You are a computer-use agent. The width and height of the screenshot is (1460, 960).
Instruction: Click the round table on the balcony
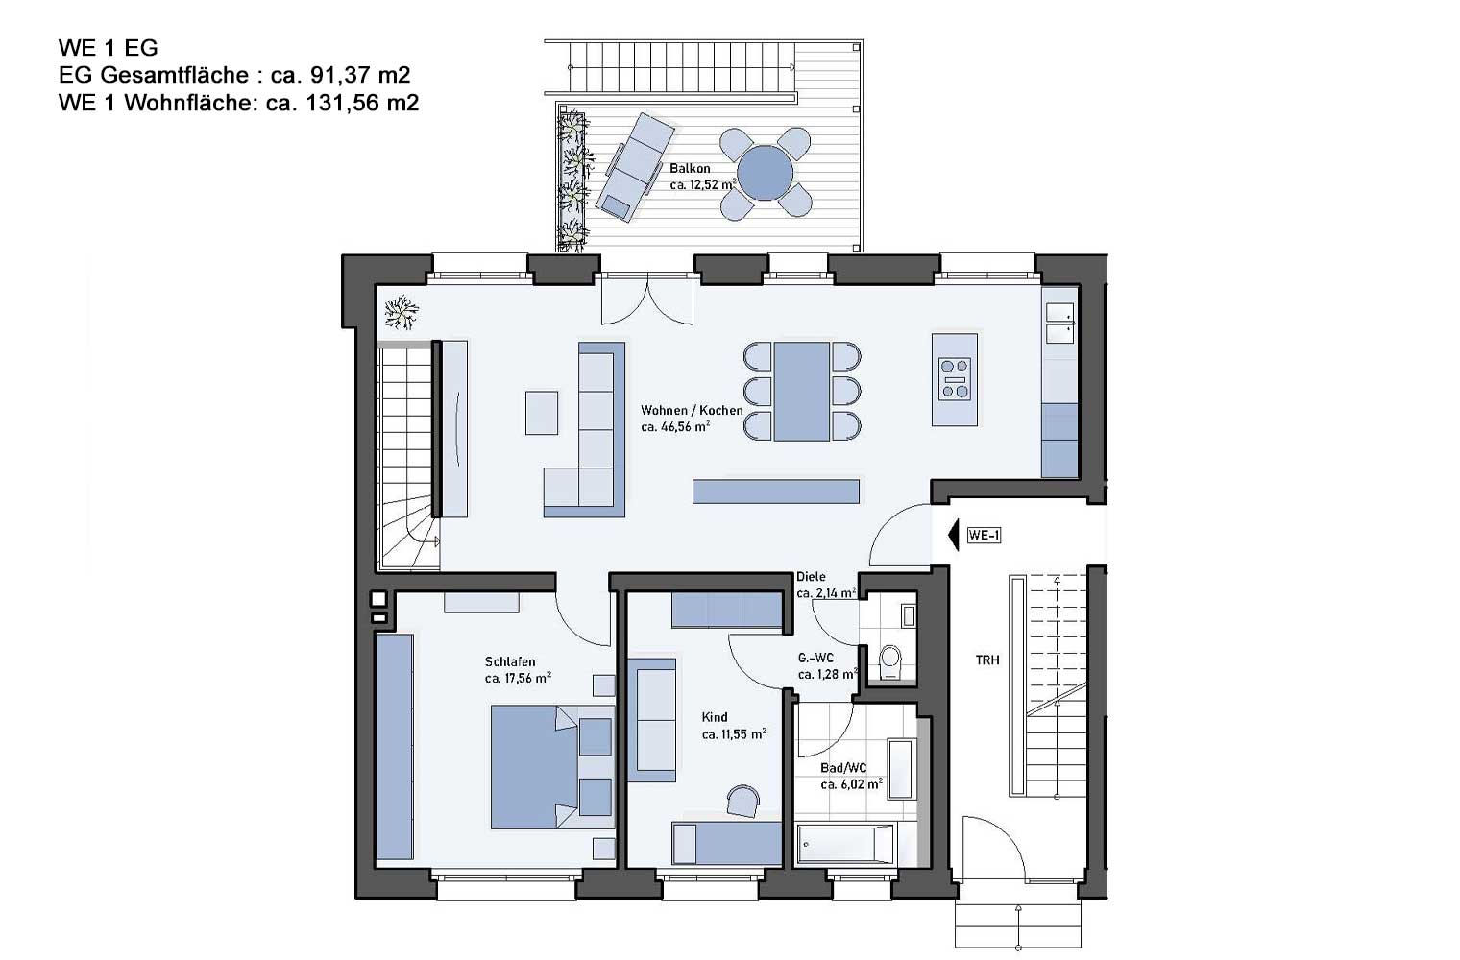pyautogui.click(x=766, y=173)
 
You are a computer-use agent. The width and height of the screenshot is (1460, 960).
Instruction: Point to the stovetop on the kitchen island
pyautogui.click(x=954, y=378)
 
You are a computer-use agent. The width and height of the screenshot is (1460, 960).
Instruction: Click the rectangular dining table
pyautogui.click(x=802, y=392)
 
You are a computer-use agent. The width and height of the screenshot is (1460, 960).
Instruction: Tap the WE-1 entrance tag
pyautogui.click(x=985, y=536)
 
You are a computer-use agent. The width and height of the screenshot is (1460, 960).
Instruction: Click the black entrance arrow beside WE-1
pyautogui.click(x=954, y=536)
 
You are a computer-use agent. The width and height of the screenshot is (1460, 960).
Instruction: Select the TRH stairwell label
pyautogui.click(x=987, y=660)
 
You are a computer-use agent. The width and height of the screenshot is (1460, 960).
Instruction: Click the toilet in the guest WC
pyautogui.click(x=889, y=661)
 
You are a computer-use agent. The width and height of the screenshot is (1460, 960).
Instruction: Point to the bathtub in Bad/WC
pyautogui.click(x=845, y=844)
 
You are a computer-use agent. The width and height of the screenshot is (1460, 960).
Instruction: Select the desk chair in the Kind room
pyautogui.click(x=743, y=801)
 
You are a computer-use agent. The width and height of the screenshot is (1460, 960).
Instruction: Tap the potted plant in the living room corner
pyautogui.click(x=401, y=312)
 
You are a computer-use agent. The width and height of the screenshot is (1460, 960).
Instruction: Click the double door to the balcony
pyautogui.click(x=647, y=299)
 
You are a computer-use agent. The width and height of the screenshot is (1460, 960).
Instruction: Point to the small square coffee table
pyautogui.click(x=542, y=412)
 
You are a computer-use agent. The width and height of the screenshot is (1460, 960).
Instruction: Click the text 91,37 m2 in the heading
pyautogui.click(x=360, y=75)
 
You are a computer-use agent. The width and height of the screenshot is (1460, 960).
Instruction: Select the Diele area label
pyautogui.click(x=811, y=576)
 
